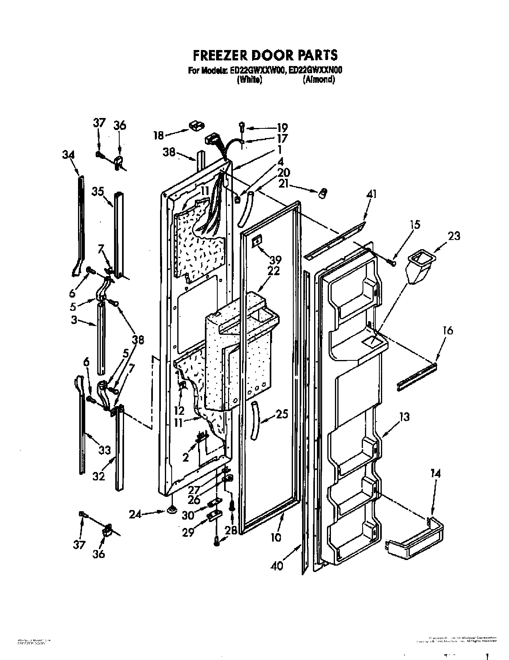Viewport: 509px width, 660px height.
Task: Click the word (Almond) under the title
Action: pyautogui.click(x=319, y=80)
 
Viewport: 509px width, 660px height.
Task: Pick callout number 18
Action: pyautogui.click(x=159, y=136)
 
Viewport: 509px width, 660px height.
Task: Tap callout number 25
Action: pyautogui.click(x=282, y=414)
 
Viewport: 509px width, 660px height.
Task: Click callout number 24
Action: pyautogui.click(x=136, y=515)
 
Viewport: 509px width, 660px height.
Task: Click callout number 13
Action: pyautogui.click(x=405, y=417)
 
